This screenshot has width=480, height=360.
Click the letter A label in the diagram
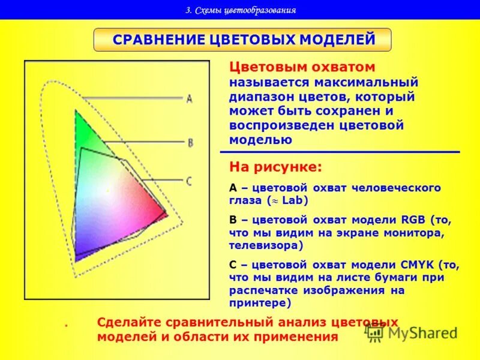coord(190,98)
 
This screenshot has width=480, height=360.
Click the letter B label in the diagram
coord(190,143)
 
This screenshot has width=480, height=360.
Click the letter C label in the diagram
coord(189,181)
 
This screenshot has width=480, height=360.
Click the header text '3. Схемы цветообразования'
coord(240,10)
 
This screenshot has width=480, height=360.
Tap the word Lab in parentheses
coord(295,200)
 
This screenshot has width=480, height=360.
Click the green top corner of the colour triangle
coord(76,113)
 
